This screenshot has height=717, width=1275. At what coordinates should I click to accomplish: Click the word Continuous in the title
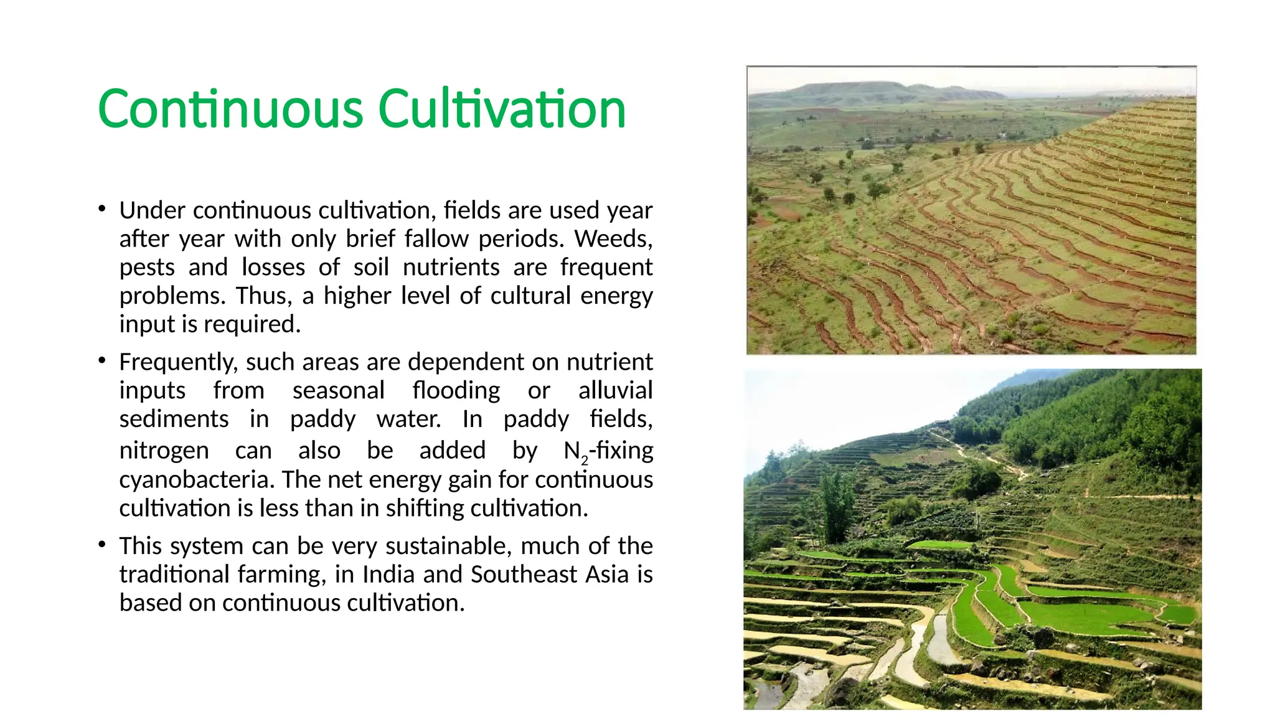pos(230,109)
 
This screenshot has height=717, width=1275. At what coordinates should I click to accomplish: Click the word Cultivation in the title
pos(501,109)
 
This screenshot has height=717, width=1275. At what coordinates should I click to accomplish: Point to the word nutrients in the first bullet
pos(451,268)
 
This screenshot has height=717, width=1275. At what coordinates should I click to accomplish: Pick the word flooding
pos(456,391)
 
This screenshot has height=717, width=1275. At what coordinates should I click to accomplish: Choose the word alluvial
pos(615,391)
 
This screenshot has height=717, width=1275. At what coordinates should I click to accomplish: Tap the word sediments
pos(174,419)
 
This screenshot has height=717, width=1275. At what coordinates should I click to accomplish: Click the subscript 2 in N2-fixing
pos(585,461)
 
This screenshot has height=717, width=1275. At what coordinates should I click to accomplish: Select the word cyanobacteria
pos(197,480)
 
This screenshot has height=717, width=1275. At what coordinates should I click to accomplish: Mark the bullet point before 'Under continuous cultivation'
pos(101,209)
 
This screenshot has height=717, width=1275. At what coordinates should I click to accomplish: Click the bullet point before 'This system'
pos(101,545)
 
